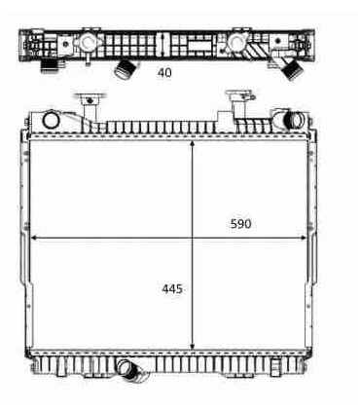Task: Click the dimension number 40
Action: (x=164, y=72)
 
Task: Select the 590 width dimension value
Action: (x=240, y=224)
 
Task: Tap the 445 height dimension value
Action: (x=172, y=288)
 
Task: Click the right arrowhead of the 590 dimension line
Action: (x=303, y=238)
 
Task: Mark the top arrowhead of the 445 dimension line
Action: (x=193, y=144)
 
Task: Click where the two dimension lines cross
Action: (x=193, y=238)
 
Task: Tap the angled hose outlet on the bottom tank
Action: (x=130, y=371)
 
